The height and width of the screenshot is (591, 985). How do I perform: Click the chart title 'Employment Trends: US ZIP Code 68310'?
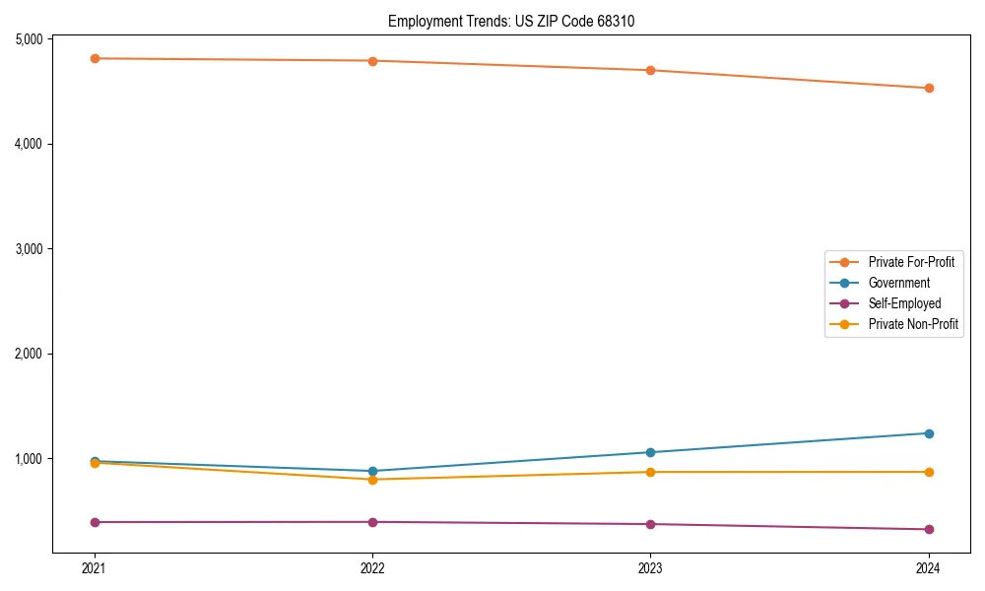point(518,21)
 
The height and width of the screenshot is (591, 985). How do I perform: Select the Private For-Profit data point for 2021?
point(95,58)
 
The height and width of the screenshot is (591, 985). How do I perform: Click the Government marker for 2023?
point(650,452)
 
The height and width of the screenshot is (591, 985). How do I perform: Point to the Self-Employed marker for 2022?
point(372,522)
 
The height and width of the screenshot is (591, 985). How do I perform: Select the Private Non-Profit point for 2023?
point(650,472)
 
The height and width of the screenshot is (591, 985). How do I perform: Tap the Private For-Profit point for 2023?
point(650,70)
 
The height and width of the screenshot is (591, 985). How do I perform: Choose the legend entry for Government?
point(898,283)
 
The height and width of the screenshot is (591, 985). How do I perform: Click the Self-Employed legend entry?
point(904,303)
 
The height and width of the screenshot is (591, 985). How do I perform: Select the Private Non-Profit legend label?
point(913,324)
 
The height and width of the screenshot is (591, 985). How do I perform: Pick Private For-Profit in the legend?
point(910,262)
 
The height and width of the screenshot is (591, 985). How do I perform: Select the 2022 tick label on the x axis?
point(372,568)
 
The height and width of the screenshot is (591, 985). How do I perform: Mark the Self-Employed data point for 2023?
point(650,524)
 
